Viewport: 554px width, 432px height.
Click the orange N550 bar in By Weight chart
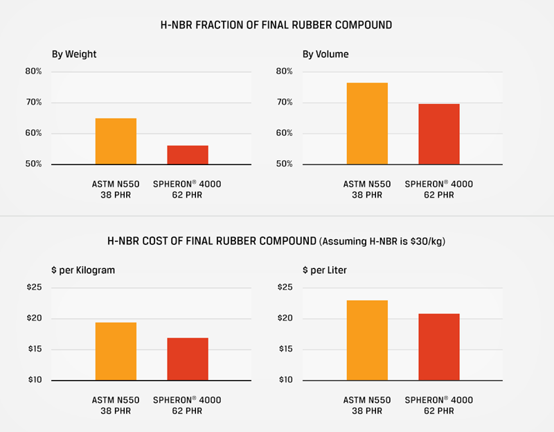116,141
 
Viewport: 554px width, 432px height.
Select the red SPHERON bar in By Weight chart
187,155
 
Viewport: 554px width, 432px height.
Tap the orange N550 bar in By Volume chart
367,123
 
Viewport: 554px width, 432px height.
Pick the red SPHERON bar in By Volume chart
438,134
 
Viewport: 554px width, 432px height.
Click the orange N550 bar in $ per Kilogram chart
116,352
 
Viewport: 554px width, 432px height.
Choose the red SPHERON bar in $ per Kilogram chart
187,359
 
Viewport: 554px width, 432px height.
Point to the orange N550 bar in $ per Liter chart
367,340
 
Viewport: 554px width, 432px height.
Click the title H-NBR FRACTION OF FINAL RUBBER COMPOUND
276,25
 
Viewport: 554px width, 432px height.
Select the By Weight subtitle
74,53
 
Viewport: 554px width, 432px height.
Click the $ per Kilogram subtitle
83,270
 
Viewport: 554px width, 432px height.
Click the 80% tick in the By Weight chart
34,71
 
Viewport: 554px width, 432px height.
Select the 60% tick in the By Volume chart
285,133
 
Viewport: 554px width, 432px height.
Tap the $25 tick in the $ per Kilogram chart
34,287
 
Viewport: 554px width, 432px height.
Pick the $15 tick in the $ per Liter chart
285,349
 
